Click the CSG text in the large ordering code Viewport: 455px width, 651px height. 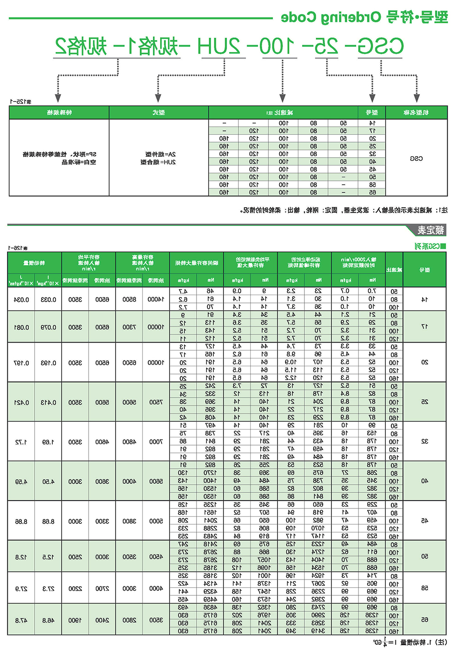coord(380,46)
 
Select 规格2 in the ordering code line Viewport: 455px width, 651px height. coord(81,46)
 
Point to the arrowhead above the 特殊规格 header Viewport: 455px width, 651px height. coord(58,97)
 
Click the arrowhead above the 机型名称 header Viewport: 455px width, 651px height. coord(416,97)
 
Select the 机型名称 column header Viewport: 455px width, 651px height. coord(416,113)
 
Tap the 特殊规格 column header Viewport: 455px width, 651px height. coord(59,113)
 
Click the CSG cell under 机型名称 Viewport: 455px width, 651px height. coord(416,159)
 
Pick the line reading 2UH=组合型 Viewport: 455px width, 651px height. coord(158,162)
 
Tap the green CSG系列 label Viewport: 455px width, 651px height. coord(430,246)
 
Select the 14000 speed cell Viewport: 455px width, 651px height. coord(156,299)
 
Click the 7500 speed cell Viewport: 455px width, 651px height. coord(156,402)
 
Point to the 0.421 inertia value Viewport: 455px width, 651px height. coord(21,403)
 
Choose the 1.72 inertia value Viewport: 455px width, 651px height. coord(21,442)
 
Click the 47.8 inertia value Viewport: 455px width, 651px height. coord(21,620)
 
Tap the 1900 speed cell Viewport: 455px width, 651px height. coord(75,620)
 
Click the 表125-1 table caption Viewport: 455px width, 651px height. coord(20,102)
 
